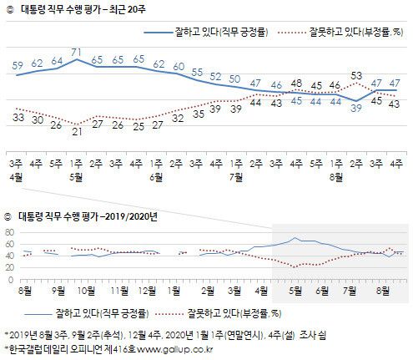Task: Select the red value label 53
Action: click(356, 74)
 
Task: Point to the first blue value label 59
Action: click(18, 64)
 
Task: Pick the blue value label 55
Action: click(197, 72)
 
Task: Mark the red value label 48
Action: click(295, 84)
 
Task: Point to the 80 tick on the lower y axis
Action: click(10, 232)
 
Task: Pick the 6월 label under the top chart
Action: click(159, 176)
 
